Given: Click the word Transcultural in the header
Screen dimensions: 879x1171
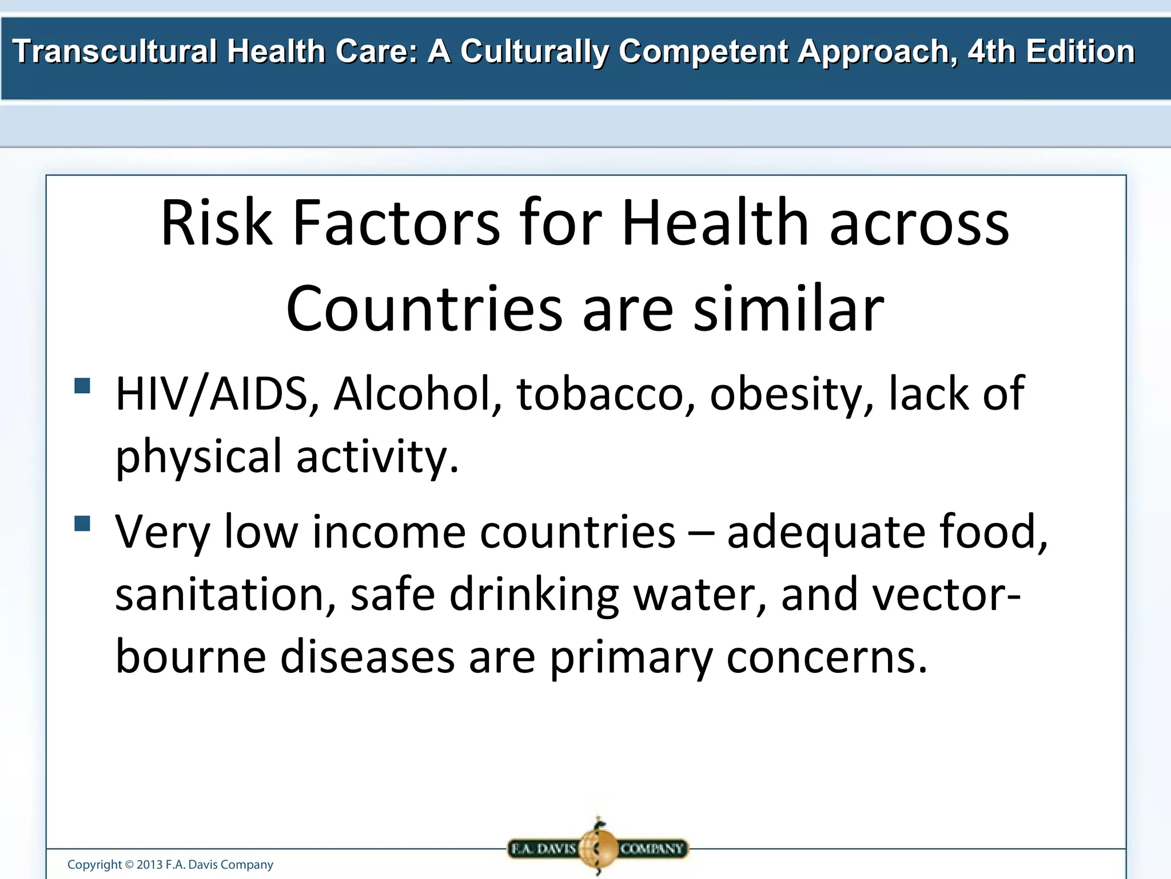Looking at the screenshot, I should tap(115, 52).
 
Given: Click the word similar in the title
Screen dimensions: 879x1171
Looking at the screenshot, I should tap(788, 309).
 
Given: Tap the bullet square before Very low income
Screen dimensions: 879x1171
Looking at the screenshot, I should tap(82, 524).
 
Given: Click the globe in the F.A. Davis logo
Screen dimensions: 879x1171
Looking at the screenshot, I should tap(598, 848).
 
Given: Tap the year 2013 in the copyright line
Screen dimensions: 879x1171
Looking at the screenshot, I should tap(150, 865).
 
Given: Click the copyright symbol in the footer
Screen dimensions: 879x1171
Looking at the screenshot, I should tap(129, 865).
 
